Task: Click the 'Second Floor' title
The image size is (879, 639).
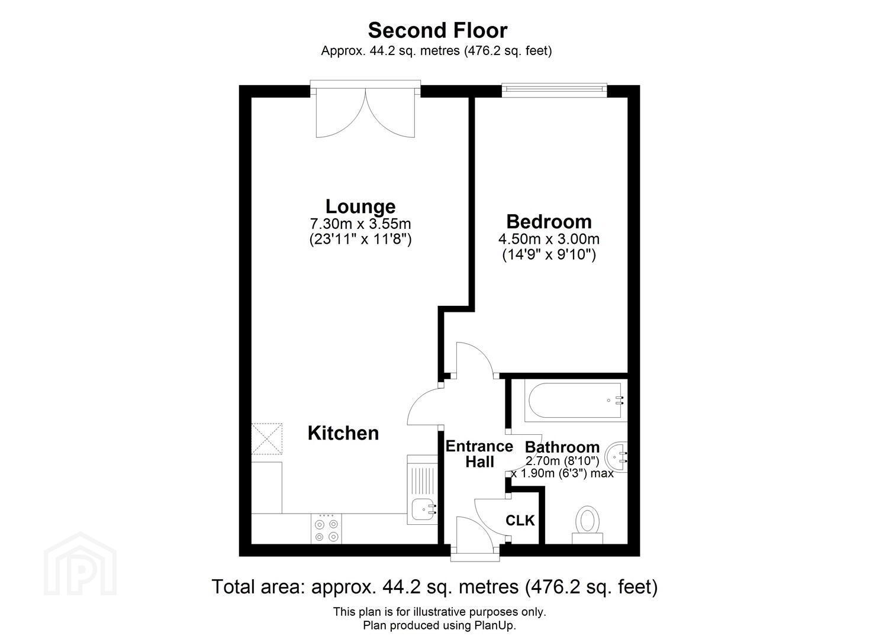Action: pos(437,31)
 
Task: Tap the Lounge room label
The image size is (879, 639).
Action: pos(360,206)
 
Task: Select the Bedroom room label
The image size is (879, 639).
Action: pos(549,222)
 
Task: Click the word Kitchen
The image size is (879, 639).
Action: pos(343,433)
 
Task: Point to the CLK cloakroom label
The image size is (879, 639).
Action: pos(520,521)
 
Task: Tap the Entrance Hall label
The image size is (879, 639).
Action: pos(479,454)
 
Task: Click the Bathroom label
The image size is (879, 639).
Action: pos(562,447)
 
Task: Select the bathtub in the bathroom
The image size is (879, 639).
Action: pos(576,401)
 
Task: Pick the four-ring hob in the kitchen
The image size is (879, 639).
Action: pos(327,529)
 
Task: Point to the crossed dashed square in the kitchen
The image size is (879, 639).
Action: pos(267,438)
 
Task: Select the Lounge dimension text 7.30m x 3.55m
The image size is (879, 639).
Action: pos(360,224)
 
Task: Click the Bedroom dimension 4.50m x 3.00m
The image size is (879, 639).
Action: pos(549,239)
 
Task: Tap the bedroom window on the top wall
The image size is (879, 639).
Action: pos(555,90)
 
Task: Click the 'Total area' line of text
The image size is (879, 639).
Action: pos(434,587)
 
